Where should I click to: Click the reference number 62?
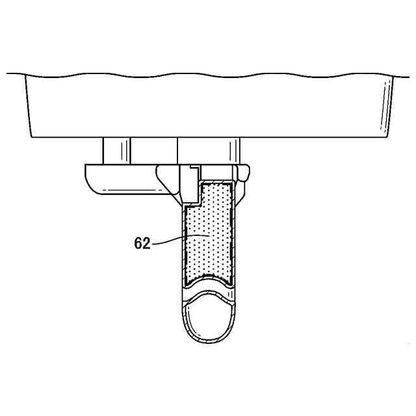point(142,243)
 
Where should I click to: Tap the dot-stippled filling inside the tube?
point(209,231)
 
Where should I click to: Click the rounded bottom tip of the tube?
point(209,343)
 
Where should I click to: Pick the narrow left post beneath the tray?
point(116,151)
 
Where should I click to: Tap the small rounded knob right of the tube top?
point(244,173)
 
